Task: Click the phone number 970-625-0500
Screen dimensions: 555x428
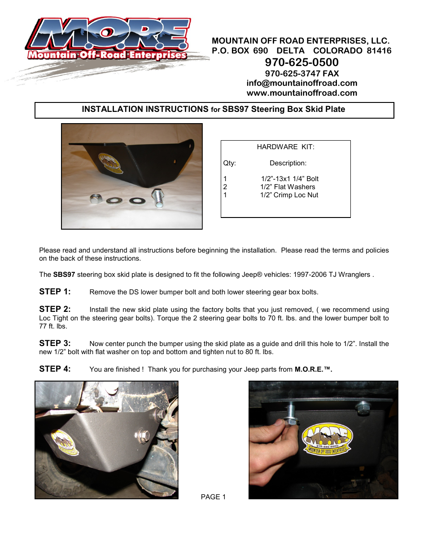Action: click(301, 62)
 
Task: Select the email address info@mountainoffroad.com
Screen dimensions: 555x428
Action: click(301, 83)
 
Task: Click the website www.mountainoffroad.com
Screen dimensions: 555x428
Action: click(301, 93)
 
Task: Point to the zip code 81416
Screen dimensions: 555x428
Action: click(379, 51)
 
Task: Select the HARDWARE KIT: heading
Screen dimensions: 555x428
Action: click(285, 147)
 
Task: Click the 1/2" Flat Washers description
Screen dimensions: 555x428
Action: click(288, 187)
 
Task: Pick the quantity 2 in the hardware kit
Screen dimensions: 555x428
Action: click(225, 187)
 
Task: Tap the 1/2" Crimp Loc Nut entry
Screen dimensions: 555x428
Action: click(289, 195)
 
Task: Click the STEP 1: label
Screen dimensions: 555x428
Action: click(55, 292)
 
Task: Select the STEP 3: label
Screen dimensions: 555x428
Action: click(55, 343)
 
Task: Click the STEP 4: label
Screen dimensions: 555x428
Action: click(55, 369)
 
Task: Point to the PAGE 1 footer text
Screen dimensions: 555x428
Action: click(213, 497)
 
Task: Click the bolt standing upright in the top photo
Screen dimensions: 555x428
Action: click(158, 198)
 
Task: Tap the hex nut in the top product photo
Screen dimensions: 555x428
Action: click(96, 199)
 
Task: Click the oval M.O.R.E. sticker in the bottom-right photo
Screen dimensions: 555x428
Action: click(327, 439)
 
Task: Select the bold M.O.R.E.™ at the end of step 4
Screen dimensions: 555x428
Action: click(313, 369)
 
